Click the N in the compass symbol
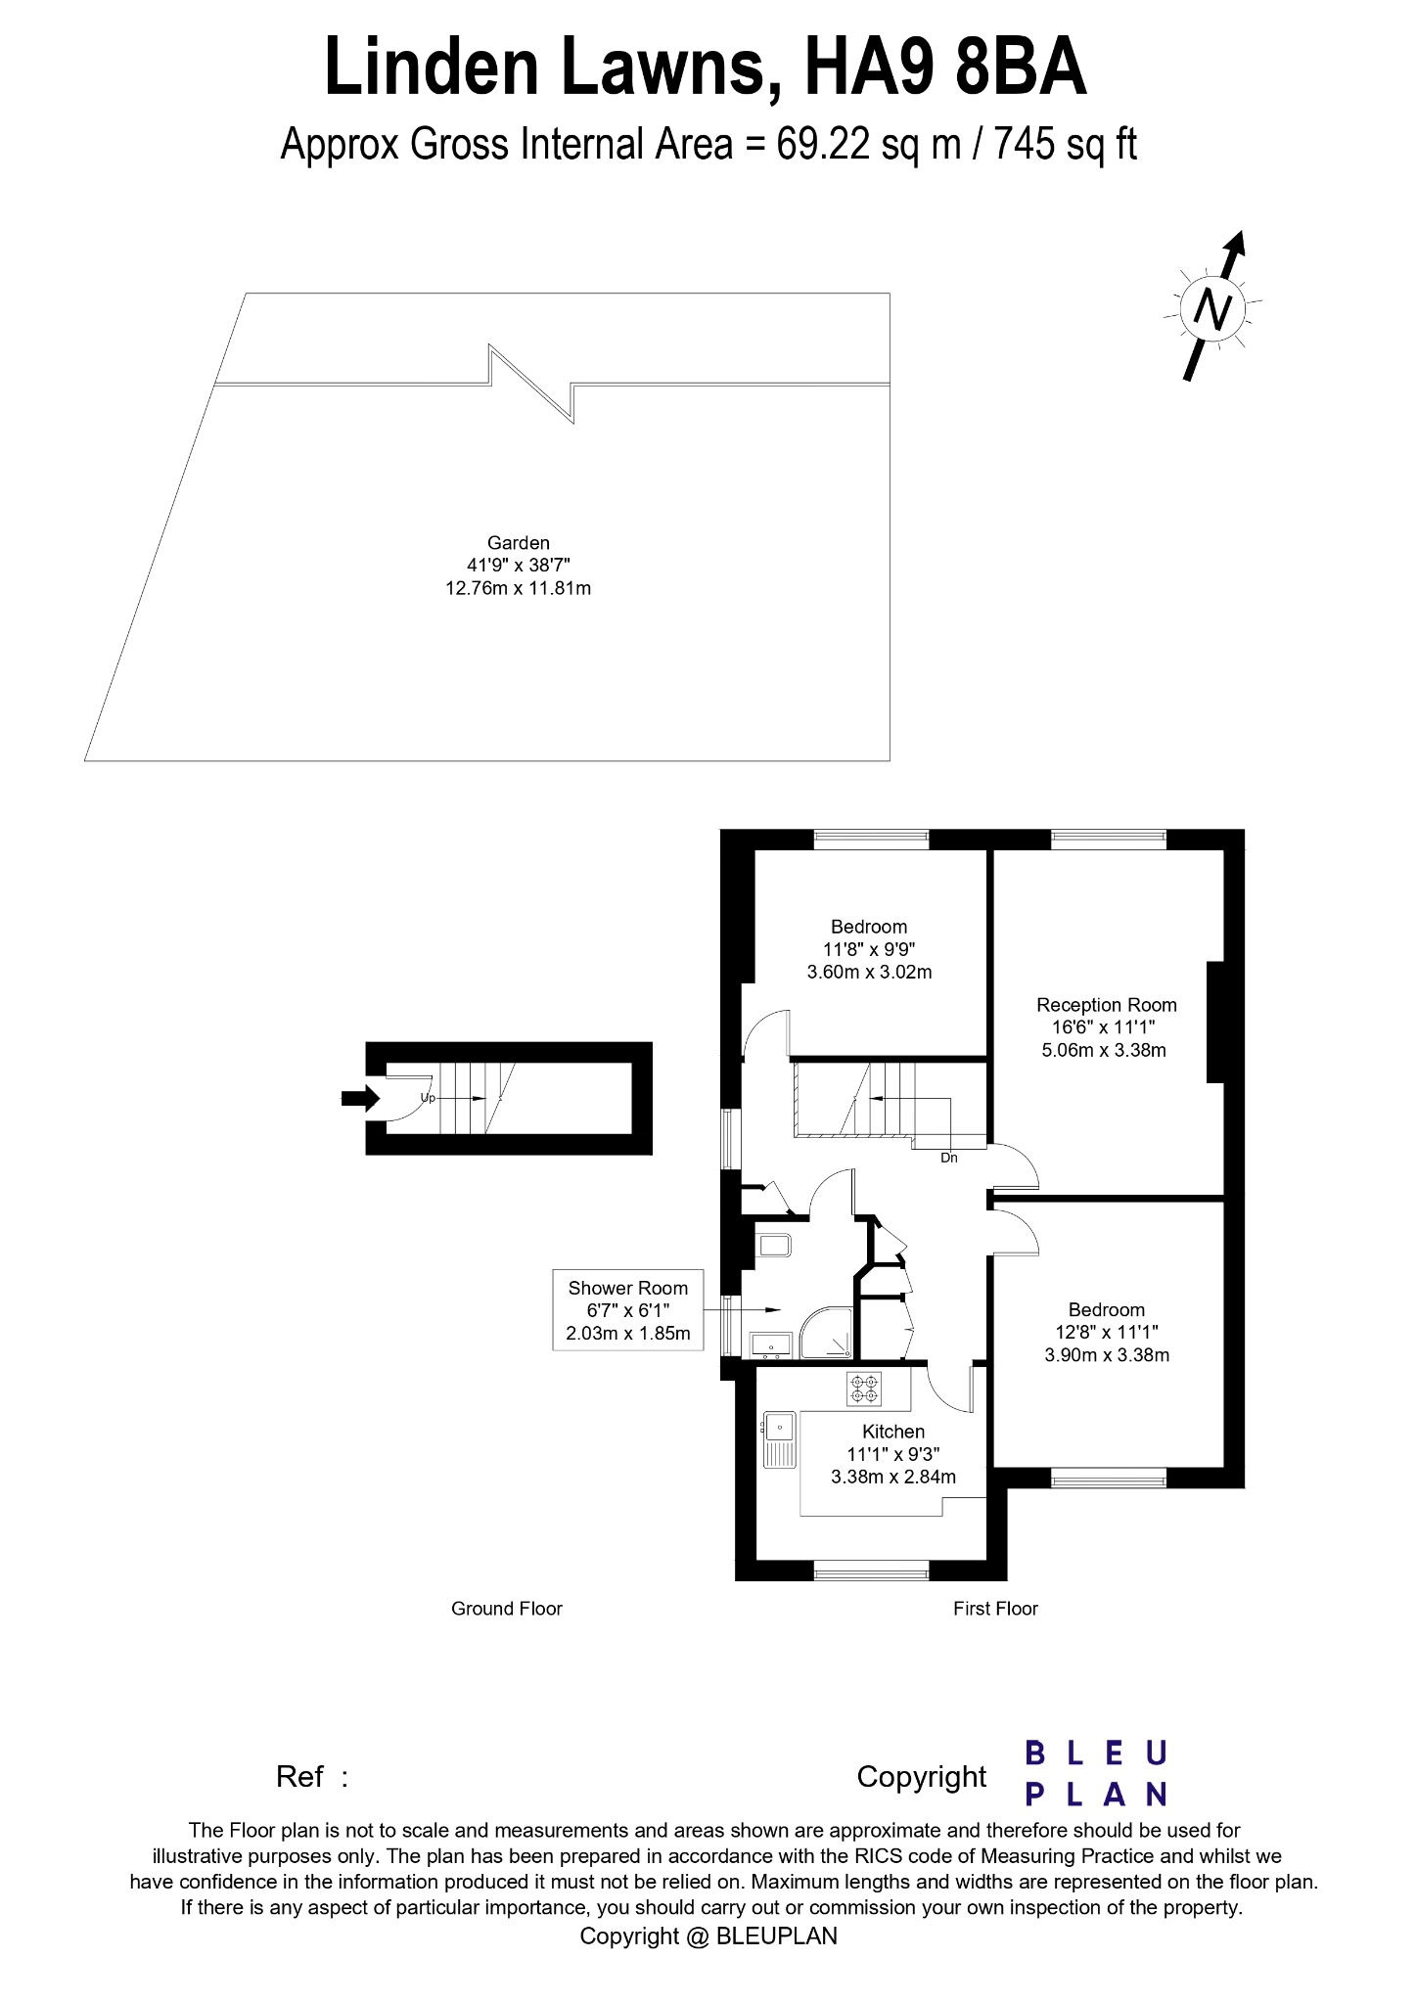[x=1213, y=310]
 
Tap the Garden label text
[x=518, y=543]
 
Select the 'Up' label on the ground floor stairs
[x=428, y=1098]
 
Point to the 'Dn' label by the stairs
[x=948, y=1158]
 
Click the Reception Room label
[x=1106, y=1005]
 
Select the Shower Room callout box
[x=627, y=1310]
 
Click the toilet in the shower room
[x=773, y=1245]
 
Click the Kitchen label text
[x=892, y=1432]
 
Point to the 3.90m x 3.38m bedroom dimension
[x=1106, y=1355]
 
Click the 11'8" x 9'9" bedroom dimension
[x=868, y=949]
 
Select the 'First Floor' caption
[x=994, y=1609]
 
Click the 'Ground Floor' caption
[x=506, y=1609]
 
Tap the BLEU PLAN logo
[x=1096, y=1773]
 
